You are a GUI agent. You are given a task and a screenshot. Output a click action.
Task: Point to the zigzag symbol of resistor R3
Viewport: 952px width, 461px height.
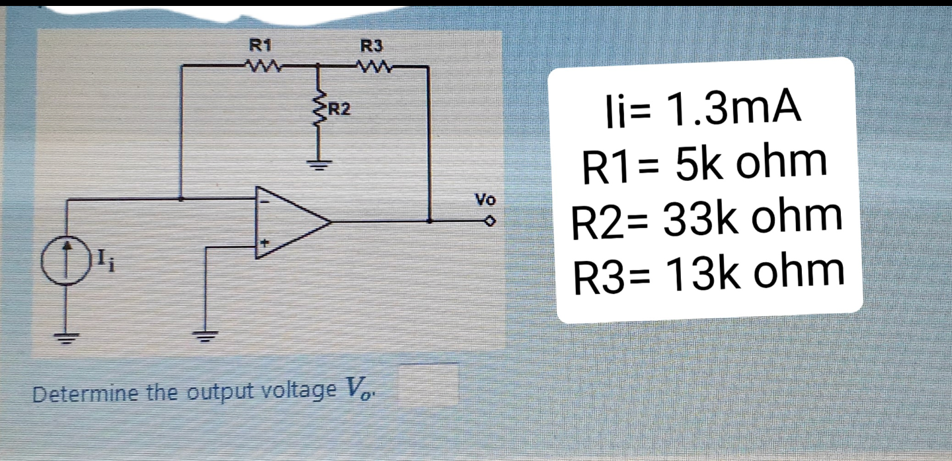click(x=372, y=66)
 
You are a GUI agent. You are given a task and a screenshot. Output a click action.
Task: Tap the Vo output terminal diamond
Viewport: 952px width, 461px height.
click(x=489, y=222)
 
